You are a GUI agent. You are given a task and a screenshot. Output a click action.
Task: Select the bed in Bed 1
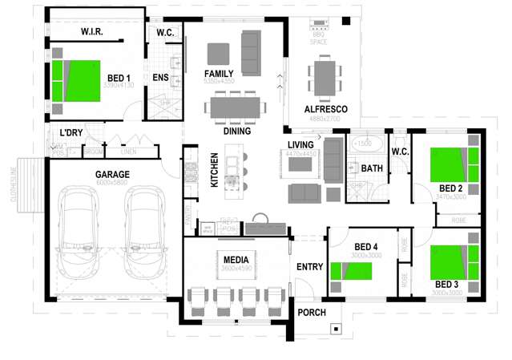coord(78,77)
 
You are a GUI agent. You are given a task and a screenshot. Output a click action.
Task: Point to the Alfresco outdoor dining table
coord(324,78)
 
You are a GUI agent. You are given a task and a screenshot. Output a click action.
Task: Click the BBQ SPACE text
coord(318,38)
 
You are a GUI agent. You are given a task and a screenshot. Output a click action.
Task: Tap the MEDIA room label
coord(236,260)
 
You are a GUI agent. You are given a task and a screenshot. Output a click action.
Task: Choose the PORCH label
coord(312,312)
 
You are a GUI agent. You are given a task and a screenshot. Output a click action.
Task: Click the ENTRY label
coord(309,267)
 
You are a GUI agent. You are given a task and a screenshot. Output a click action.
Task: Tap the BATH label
coord(372,168)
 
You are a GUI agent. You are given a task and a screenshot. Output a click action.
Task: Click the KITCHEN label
coord(214,170)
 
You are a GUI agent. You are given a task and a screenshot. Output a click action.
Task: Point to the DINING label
coord(237,131)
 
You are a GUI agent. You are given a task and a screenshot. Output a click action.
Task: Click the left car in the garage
coord(80,231)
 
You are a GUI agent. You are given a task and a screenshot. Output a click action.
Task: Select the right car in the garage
coord(143,231)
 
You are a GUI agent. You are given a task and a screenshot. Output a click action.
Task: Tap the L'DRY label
coord(71,132)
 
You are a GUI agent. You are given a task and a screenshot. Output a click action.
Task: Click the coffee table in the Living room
coord(300,164)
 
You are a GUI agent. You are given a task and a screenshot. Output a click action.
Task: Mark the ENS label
coord(159,77)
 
